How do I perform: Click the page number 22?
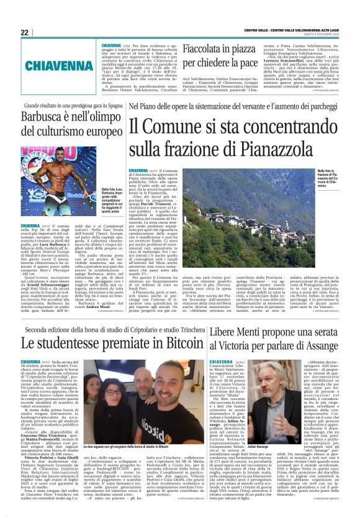(x=25, y=32)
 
